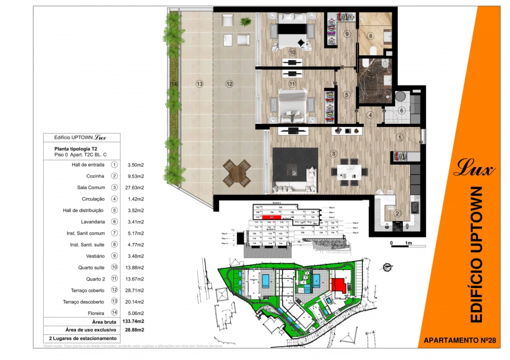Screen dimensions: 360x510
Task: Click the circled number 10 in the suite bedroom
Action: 292,52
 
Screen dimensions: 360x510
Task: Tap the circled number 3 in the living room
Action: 333,154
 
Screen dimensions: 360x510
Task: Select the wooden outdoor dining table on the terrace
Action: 237,172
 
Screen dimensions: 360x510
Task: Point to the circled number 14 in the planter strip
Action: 174,84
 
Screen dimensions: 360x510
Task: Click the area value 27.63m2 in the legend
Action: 134,187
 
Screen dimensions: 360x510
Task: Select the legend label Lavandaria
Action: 93,221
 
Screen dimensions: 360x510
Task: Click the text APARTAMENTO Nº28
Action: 459,340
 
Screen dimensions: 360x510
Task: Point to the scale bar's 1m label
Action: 408,243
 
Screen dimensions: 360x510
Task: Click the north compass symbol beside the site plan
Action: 386,267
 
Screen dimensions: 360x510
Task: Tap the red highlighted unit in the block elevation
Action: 271,217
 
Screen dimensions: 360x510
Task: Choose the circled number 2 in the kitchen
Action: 397,214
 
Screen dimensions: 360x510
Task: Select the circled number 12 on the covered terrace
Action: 229,84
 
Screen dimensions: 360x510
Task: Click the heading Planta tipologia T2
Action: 76,148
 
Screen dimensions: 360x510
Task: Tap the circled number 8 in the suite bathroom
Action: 370,36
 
